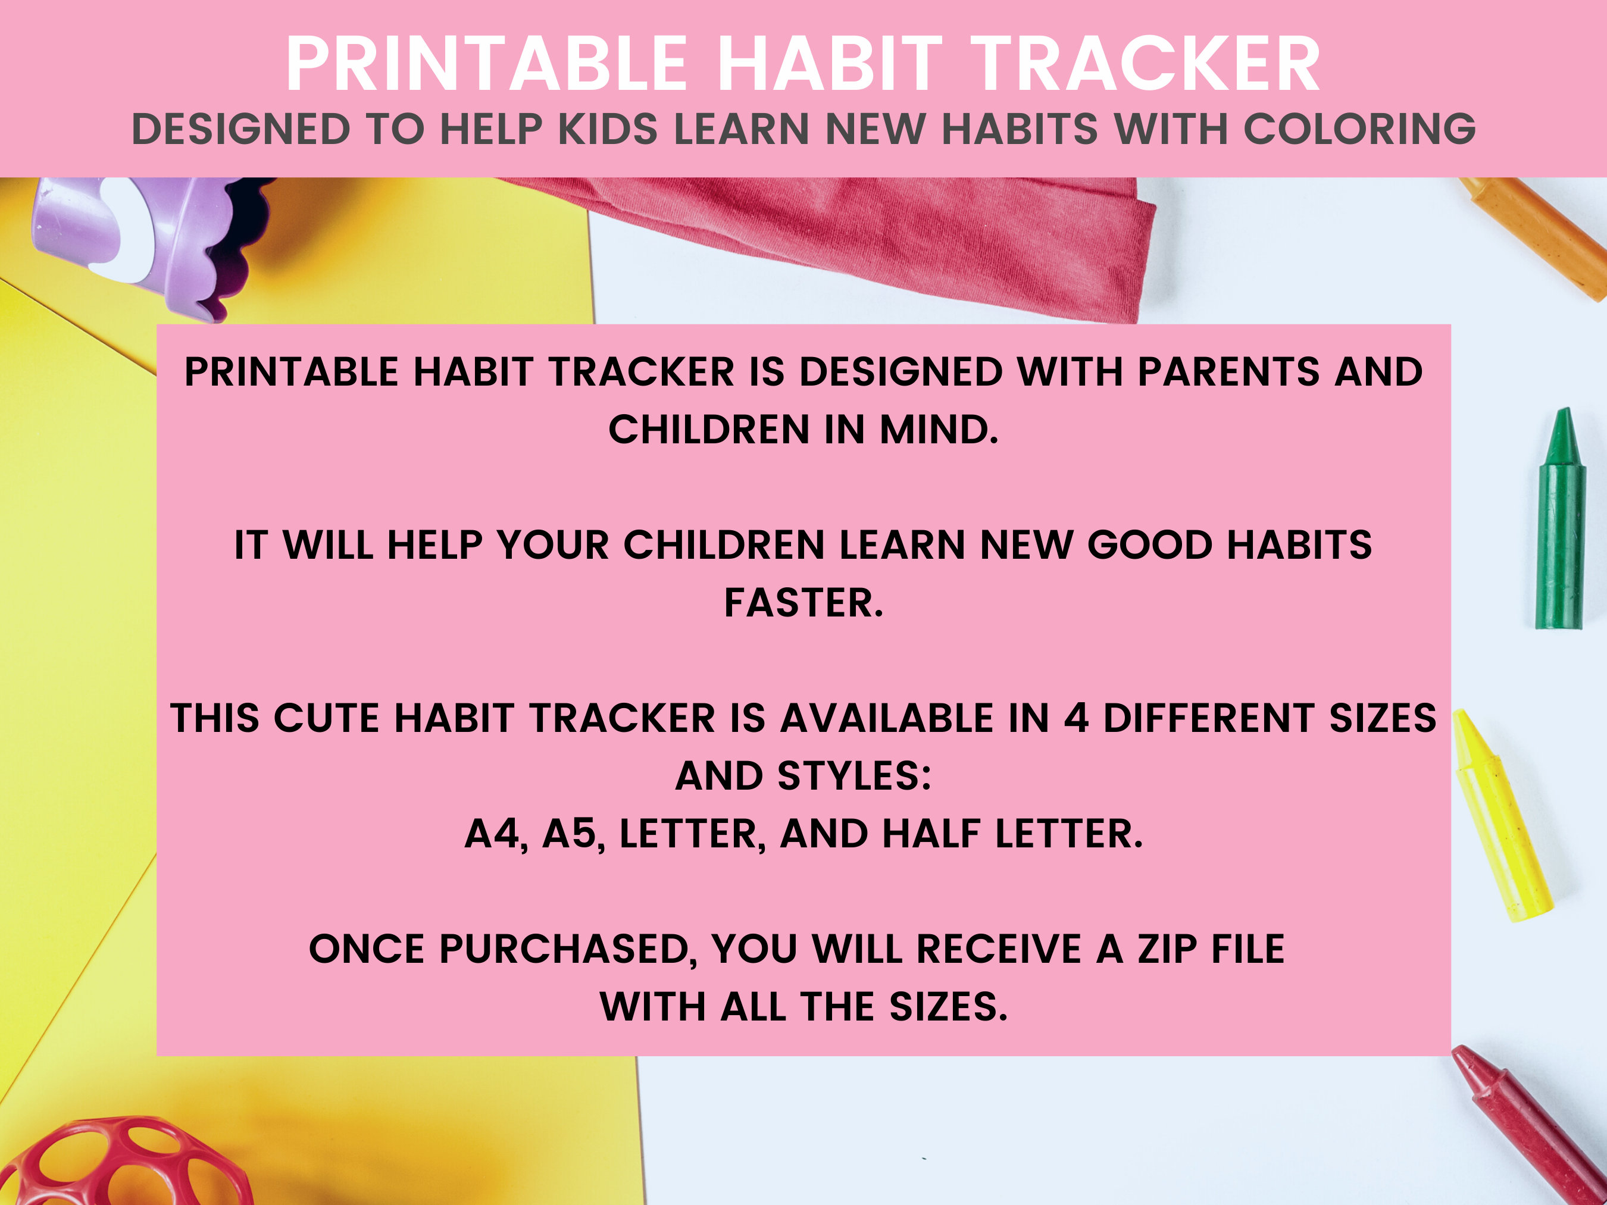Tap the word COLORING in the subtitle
1359,129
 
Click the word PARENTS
1228,372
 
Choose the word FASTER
803,603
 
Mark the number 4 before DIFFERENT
1076,718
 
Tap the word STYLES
853,776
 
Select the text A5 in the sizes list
574,833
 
